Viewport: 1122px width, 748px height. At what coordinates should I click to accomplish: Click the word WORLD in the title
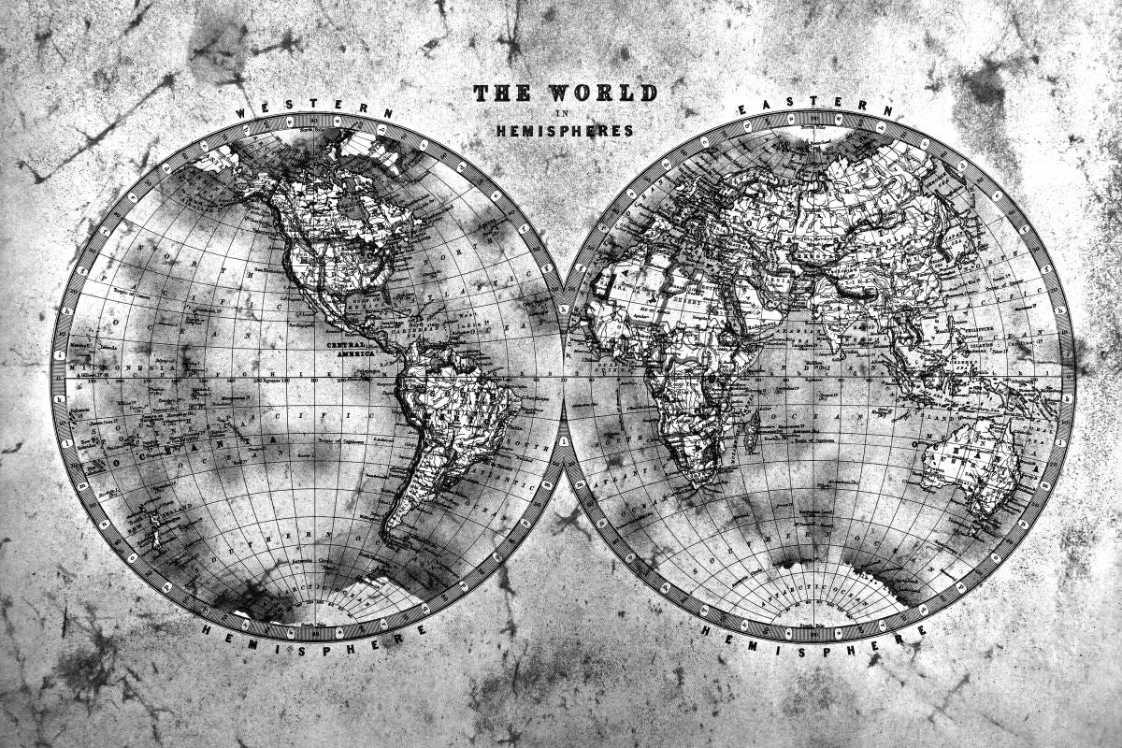(x=602, y=93)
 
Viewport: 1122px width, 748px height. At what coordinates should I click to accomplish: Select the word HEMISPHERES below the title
(x=565, y=131)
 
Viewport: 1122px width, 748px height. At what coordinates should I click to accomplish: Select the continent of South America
(x=449, y=411)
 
